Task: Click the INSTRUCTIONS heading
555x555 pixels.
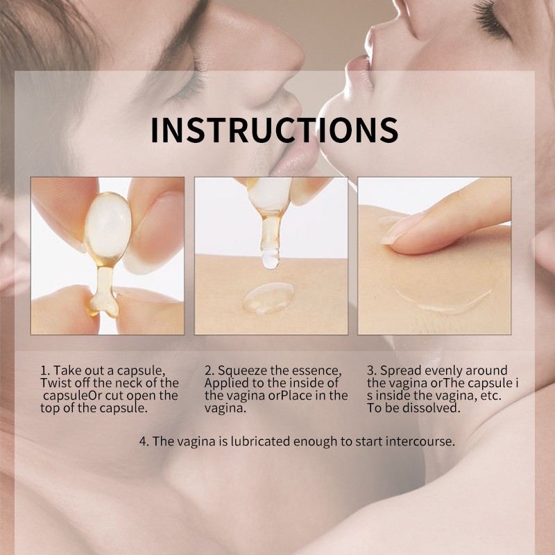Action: click(x=275, y=130)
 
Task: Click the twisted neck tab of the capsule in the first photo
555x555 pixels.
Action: click(x=103, y=293)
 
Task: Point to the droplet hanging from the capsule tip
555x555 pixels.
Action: click(x=271, y=259)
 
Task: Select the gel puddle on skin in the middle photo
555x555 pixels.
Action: click(x=268, y=298)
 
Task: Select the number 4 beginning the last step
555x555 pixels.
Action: click(x=144, y=441)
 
